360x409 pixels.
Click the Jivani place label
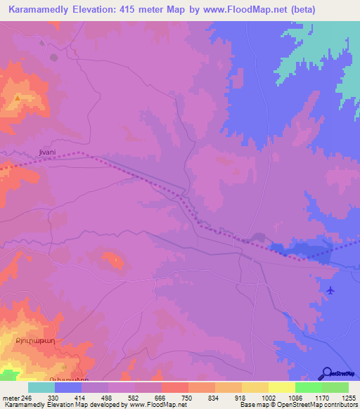point(44,152)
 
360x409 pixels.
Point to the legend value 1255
point(349,398)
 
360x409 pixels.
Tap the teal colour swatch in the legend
point(41,387)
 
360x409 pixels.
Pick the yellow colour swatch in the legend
point(281,387)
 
